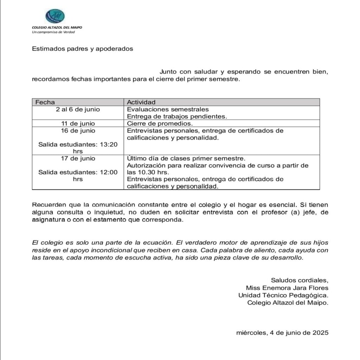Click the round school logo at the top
[x=55, y=16]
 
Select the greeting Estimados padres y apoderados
[x=82, y=49]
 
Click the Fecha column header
[x=45, y=102]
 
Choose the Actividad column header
[x=141, y=102]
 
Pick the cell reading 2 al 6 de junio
[x=78, y=109]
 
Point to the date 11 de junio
[x=78, y=123]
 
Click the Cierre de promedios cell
[x=160, y=123]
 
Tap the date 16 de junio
[x=78, y=130]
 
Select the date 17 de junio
[x=78, y=158]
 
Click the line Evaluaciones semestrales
[x=168, y=109]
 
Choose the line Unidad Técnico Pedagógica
[x=283, y=295]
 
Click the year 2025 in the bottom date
[x=320, y=333]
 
